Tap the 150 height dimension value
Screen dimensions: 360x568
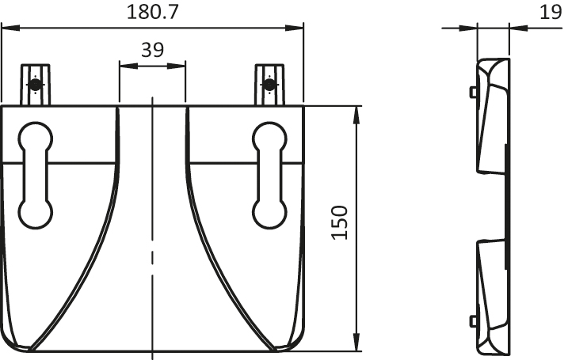tap(339, 223)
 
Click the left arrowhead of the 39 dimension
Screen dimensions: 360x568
tap(124, 67)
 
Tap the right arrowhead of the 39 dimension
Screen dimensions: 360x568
tap(180, 67)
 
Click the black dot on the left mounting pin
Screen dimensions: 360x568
tap(34, 84)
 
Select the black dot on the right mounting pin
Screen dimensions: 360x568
tap(269, 84)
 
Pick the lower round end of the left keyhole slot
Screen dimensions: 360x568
tap(35, 213)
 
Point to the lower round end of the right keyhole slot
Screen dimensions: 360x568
tap(269, 213)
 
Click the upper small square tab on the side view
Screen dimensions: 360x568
tap(473, 92)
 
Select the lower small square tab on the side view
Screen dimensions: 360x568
tap(473, 320)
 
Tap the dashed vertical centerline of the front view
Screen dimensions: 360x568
tap(151, 222)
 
